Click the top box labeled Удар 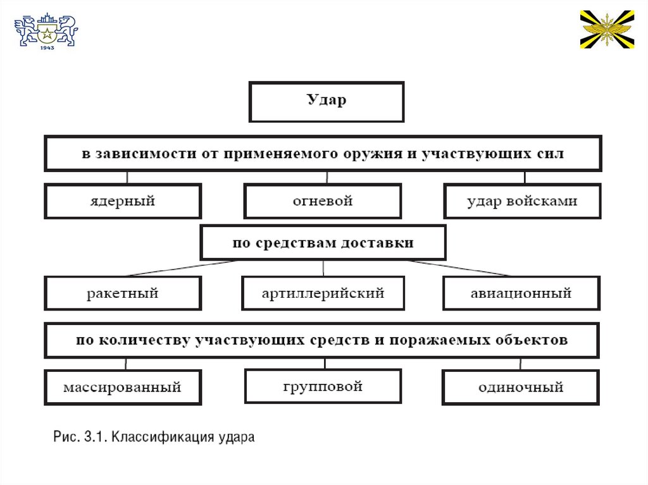[327, 101]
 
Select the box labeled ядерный [122, 201]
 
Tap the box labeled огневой [322, 201]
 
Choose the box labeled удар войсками [522, 201]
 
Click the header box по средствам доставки [323, 243]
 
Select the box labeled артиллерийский [323, 293]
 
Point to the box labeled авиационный [521, 293]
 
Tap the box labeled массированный [122, 386]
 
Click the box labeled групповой [323, 385]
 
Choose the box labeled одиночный [520, 387]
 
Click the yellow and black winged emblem [607, 29]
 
